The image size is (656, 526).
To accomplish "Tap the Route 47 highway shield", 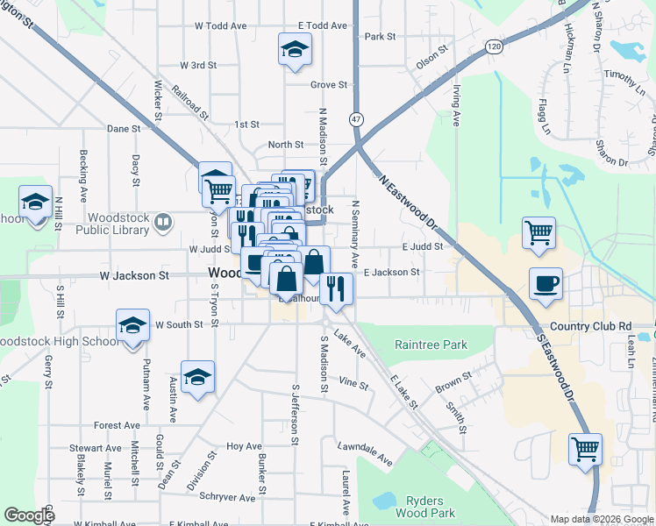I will click(356, 117).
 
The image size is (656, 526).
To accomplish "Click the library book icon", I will click(162, 224).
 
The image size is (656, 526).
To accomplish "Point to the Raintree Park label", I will click(431, 345).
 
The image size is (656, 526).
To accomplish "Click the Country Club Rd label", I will click(590, 326).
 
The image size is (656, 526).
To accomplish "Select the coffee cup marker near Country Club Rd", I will click(545, 285).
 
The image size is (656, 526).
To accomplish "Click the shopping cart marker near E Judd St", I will click(538, 233).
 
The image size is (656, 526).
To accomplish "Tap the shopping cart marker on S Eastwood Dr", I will click(585, 449).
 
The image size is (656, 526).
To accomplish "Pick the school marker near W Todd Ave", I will click(295, 50).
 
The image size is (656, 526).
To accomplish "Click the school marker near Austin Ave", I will click(198, 377).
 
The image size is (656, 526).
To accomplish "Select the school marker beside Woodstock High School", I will click(132, 326).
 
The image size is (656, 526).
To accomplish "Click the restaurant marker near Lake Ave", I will click(336, 289).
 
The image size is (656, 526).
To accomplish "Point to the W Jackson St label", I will click(134, 275).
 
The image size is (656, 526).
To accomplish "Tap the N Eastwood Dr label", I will click(408, 202).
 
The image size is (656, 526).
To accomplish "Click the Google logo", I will click(29, 515).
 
